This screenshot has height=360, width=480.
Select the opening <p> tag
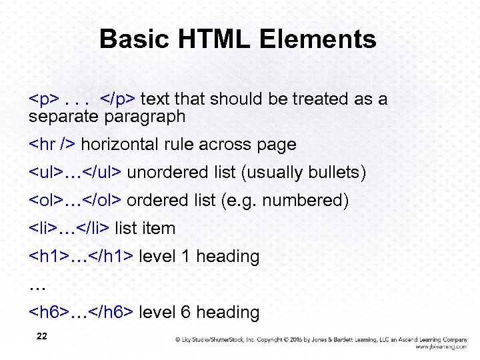[x=44, y=99]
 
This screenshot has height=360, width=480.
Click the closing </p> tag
[x=118, y=99]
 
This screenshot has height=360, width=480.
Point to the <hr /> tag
[x=52, y=144]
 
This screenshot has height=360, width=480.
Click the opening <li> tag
[x=43, y=229]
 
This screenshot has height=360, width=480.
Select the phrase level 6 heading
[x=199, y=312]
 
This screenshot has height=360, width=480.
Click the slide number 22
[x=41, y=337]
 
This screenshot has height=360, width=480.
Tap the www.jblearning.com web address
[x=441, y=347]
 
